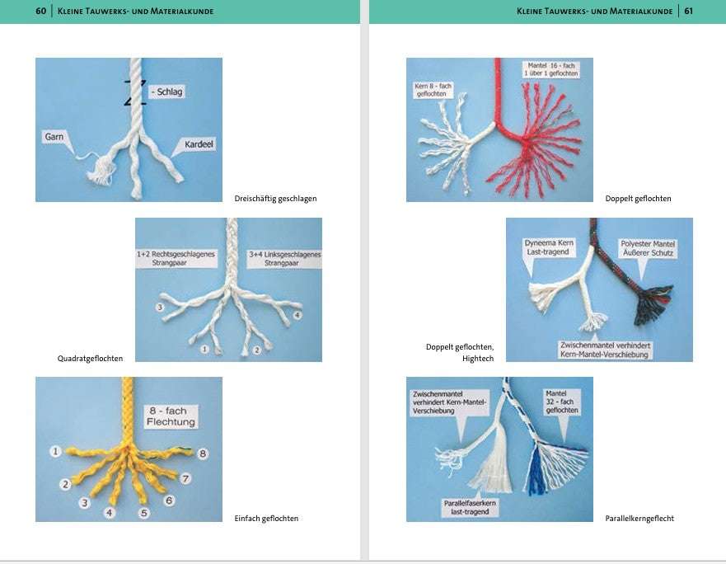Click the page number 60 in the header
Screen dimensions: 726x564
click(x=40, y=11)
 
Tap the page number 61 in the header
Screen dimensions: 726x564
click(x=688, y=11)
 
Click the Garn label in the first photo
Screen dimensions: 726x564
click(x=54, y=137)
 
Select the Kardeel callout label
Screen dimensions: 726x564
click(x=199, y=144)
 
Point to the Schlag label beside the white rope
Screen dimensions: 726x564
click(x=166, y=92)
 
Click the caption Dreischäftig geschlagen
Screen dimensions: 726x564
click(x=275, y=199)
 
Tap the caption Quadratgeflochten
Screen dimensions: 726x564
click(x=91, y=358)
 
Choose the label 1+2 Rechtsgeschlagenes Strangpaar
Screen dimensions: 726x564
click(x=176, y=258)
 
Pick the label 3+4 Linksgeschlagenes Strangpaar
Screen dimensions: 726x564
click(x=284, y=258)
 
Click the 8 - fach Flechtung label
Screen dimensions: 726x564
click(x=171, y=416)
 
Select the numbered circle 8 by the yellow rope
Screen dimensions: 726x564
click(x=203, y=454)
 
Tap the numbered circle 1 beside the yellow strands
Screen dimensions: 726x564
click(x=55, y=451)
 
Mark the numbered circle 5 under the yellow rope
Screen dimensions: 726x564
click(x=144, y=513)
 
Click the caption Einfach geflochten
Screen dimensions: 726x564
click(x=266, y=518)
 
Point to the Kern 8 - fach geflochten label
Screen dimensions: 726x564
click(x=433, y=90)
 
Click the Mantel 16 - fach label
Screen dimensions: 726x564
click(x=551, y=69)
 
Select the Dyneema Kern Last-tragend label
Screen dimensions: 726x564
click(x=549, y=247)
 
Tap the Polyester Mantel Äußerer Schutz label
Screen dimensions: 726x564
click(x=648, y=248)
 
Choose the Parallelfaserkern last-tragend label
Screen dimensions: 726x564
click(x=470, y=507)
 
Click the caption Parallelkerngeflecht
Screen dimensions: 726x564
click(x=639, y=518)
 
